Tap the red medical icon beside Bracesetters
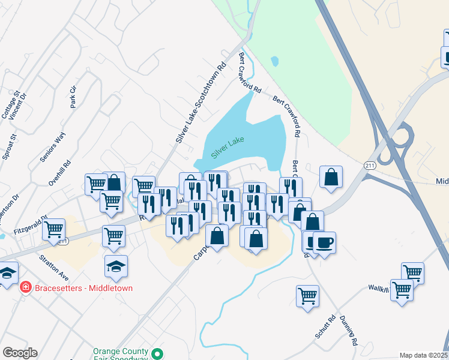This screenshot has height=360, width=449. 26,287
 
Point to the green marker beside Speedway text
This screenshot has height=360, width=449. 158,355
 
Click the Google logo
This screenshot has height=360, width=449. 20,353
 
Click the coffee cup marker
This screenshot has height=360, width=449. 324,243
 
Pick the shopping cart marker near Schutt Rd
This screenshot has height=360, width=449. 307,295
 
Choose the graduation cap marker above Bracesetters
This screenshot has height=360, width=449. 116,266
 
